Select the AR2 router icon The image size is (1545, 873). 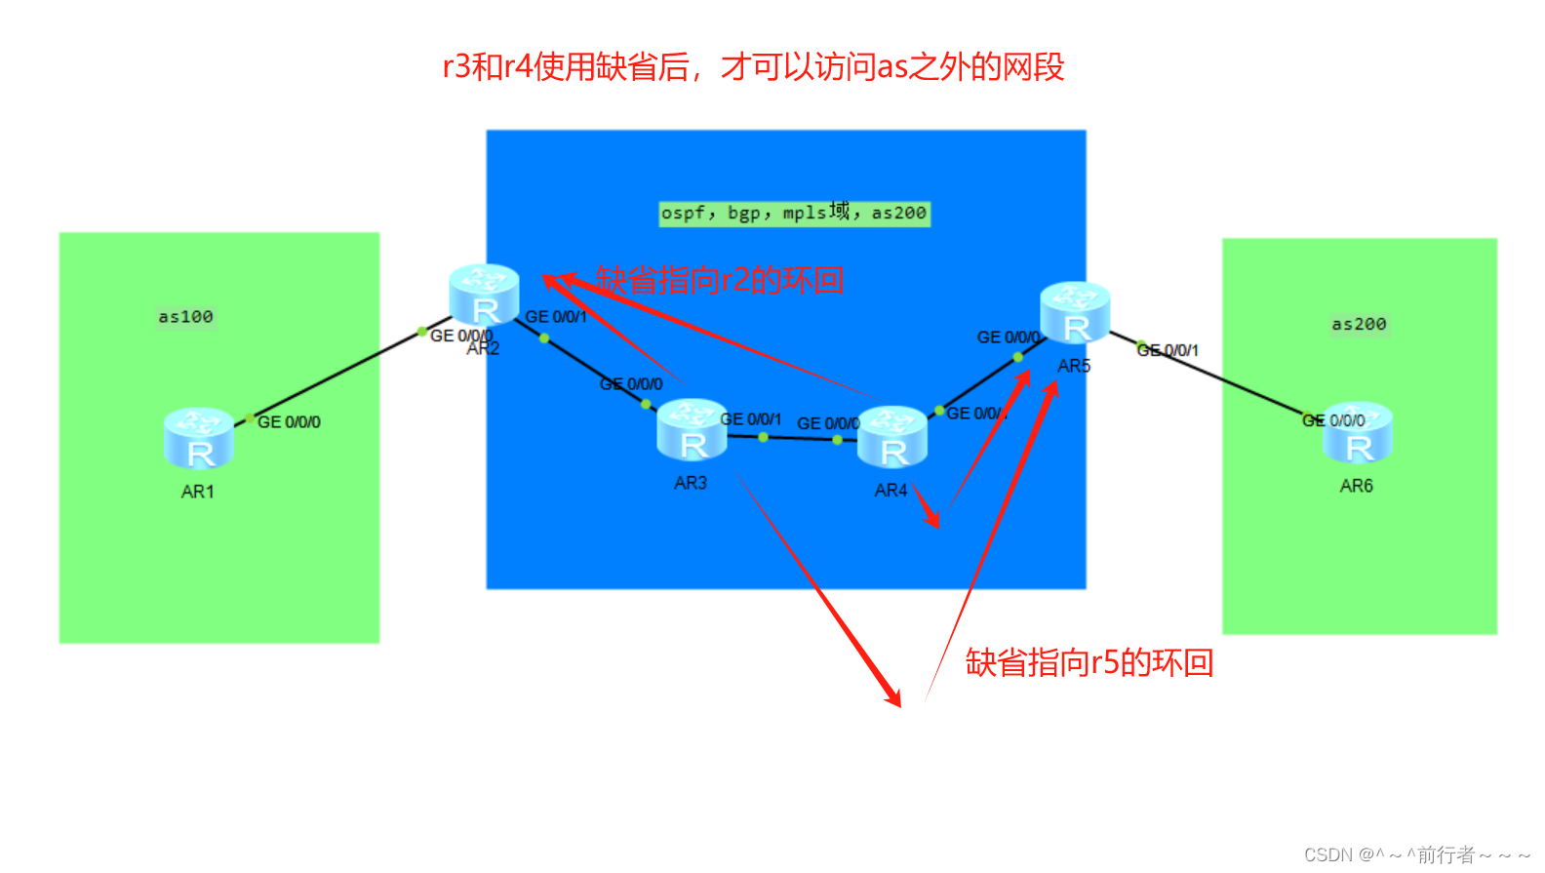(x=484, y=295)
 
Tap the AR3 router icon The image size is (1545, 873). (x=692, y=429)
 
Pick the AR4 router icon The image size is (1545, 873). (x=892, y=437)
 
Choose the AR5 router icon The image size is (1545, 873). (x=1075, y=312)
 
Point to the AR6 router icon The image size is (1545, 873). (x=1358, y=432)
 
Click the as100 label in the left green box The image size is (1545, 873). (x=185, y=317)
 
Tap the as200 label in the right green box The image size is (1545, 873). (x=1359, y=324)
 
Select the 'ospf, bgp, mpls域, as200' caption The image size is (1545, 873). (x=794, y=213)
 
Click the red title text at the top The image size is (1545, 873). (x=753, y=66)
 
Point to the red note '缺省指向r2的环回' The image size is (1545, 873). (x=720, y=280)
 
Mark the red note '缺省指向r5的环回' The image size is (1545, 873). (x=1089, y=662)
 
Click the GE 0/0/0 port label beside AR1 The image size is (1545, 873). (x=289, y=422)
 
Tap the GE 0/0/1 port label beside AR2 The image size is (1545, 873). (x=556, y=317)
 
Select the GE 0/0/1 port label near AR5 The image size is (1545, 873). (x=1169, y=350)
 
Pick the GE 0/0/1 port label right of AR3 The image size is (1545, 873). (x=751, y=419)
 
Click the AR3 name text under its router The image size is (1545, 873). (x=691, y=483)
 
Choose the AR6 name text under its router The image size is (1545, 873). (x=1356, y=486)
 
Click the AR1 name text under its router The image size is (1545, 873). (x=198, y=492)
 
